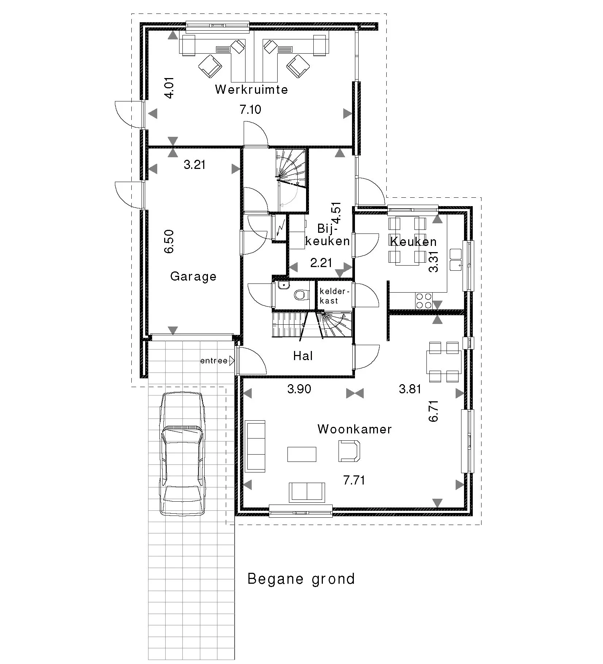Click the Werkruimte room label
click(x=251, y=89)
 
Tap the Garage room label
click(x=193, y=276)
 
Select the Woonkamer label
click(x=355, y=429)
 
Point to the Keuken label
click(x=413, y=242)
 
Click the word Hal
click(x=303, y=356)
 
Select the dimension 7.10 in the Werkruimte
click(x=251, y=109)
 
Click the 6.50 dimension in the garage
click(x=169, y=241)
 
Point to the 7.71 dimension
click(x=354, y=480)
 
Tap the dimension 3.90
click(x=299, y=389)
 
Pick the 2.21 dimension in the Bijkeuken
click(x=321, y=263)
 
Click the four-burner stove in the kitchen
click(x=424, y=301)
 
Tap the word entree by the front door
click(x=214, y=361)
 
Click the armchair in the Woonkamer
click(x=349, y=451)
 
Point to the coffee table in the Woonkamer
click(x=302, y=454)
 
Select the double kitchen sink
click(x=456, y=259)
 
